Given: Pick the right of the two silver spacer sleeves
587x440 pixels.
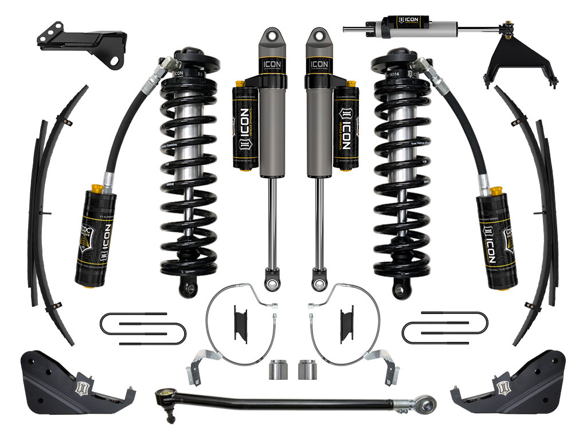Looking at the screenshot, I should click(307, 370).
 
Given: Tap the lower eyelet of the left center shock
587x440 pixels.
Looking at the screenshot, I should click(269, 282).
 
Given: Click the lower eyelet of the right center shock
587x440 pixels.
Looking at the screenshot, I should click(317, 282).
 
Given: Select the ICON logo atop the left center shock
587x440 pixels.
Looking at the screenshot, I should click(272, 64).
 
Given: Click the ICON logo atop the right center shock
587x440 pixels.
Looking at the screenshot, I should click(319, 64).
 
